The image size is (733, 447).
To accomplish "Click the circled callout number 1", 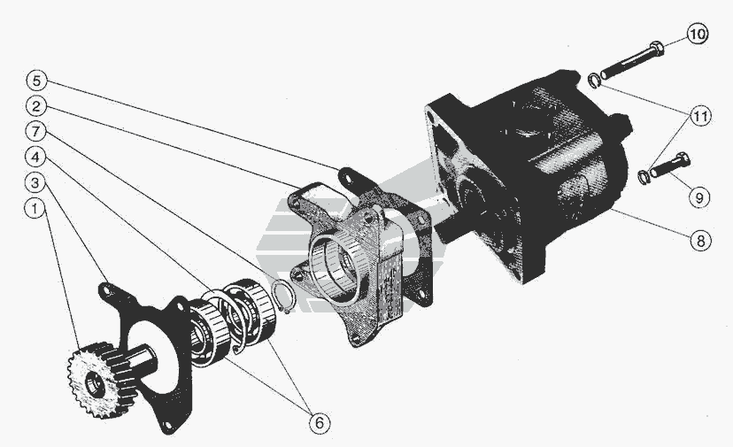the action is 35,209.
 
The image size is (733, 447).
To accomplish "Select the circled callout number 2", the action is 36,106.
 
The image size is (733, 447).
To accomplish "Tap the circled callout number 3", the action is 35,183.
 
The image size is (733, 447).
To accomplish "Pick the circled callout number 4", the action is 35,157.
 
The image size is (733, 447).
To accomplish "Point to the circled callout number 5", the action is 36,81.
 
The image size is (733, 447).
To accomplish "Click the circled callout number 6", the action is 320,423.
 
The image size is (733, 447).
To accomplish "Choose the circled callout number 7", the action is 36,131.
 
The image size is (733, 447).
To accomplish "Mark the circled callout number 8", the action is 700,241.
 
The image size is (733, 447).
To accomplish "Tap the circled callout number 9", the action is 699,197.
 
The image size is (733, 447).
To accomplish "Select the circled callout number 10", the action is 698,35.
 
